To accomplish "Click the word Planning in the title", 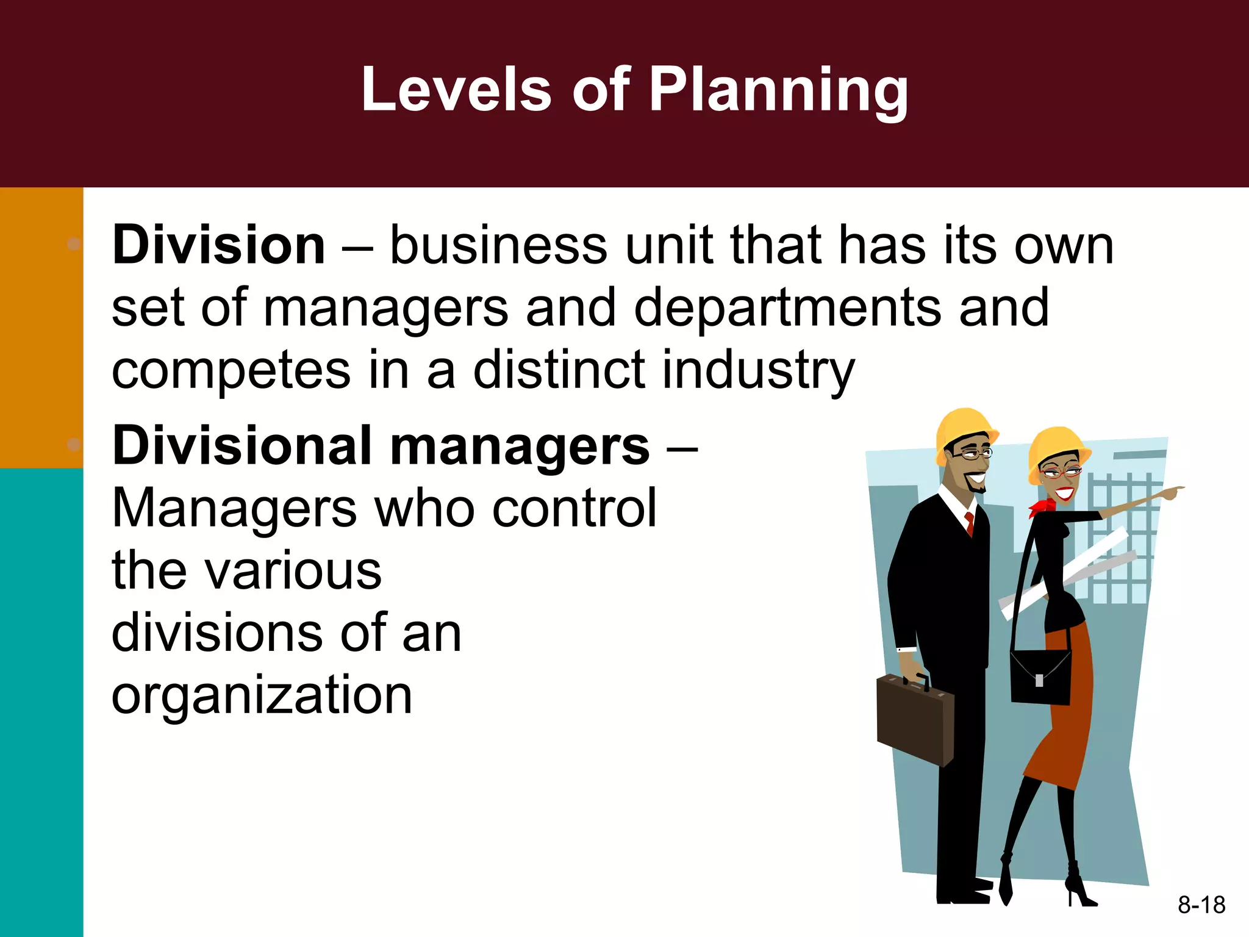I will (778, 90).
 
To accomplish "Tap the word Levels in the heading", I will (456, 90).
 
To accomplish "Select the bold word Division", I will (218, 245).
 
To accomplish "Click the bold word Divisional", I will (242, 446).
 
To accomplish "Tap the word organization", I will (262, 695).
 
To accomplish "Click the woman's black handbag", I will (1040, 677).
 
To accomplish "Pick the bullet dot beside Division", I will (74, 244).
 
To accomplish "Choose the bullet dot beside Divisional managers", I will (74, 444).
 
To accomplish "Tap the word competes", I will (231, 371).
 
